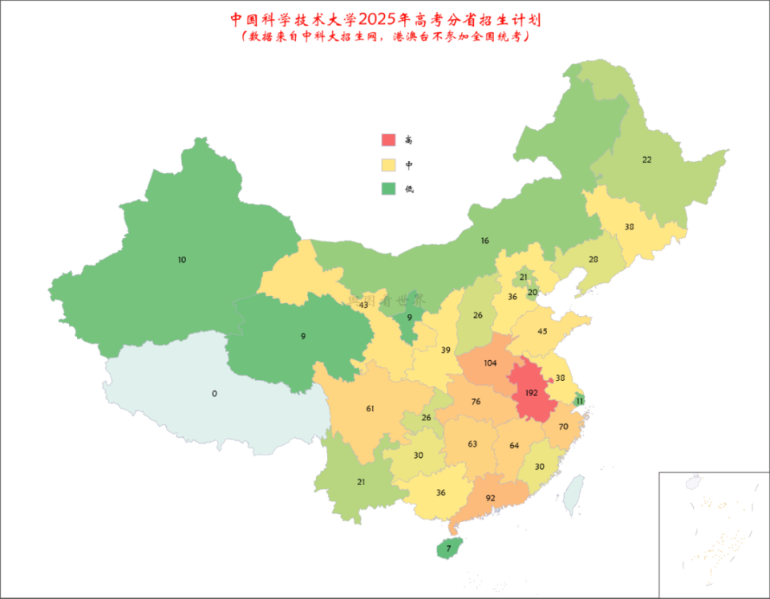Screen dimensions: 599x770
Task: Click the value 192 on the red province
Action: pos(531,394)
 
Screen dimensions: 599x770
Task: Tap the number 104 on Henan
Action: pos(490,363)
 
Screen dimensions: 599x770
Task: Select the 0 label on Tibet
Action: pos(214,394)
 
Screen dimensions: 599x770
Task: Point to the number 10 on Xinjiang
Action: pos(182,260)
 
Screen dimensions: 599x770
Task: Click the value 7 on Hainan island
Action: pos(449,549)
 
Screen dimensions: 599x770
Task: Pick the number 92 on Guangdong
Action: pos(490,498)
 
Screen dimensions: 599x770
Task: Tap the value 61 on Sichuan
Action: pos(370,409)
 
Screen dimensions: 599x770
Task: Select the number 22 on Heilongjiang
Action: pos(646,160)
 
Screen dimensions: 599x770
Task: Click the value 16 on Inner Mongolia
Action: pos(484,241)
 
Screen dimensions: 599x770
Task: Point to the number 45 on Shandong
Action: pos(542,332)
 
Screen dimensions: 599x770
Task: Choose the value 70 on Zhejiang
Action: pos(563,427)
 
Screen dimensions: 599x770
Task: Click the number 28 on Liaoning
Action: pos(594,260)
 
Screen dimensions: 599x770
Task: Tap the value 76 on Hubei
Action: pos(476,402)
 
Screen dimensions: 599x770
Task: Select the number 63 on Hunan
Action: pos(472,444)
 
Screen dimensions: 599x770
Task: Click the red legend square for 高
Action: pos(389,140)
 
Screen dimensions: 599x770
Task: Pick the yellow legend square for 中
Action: pos(389,165)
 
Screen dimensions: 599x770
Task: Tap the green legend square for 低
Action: pos(389,189)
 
